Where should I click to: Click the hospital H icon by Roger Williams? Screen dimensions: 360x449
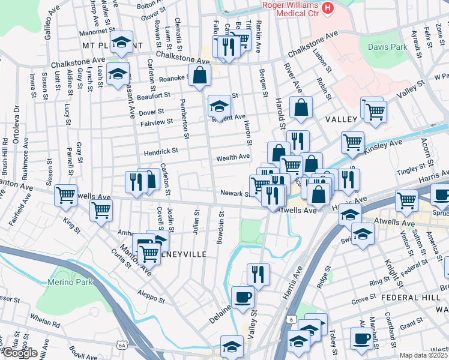tap(327, 7)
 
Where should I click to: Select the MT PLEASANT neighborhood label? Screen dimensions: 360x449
tap(107, 45)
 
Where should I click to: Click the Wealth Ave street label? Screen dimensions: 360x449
tap(233, 157)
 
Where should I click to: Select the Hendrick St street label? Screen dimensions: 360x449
tap(160, 151)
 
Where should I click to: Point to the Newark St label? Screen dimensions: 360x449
tap(234, 194)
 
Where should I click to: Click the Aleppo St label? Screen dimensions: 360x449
tap(150, 298)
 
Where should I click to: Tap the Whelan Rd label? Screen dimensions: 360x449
tap(47, 324)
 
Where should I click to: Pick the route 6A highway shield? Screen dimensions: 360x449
tap(122, 345)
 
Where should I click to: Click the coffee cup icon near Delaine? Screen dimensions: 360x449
tap(243, 297)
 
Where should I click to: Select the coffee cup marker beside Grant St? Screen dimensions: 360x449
tap(361, 338)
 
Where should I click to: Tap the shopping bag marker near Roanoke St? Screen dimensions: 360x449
tap(200, 76)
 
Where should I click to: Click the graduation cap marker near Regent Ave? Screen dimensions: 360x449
tap(220, 106)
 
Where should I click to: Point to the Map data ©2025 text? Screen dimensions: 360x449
tap(423, 355)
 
